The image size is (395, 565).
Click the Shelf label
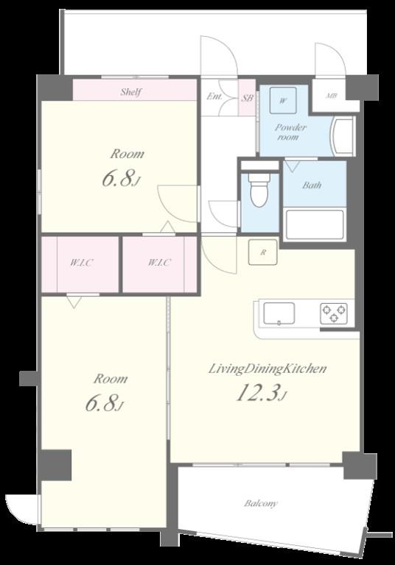pos(130,93)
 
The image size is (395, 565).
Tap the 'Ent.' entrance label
pos(214,96)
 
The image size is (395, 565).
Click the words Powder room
pos(290,132)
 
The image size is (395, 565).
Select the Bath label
pos(312,185)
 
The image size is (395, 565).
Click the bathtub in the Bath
pos(315,224)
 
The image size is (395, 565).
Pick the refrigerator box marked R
pos(262,252)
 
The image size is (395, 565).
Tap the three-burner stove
pos(334,313)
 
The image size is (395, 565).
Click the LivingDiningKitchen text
pos(266,369)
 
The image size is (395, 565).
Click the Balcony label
pos(261,504)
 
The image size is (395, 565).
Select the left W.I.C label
pos(80,263)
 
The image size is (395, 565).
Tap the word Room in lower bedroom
pos(110,379)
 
